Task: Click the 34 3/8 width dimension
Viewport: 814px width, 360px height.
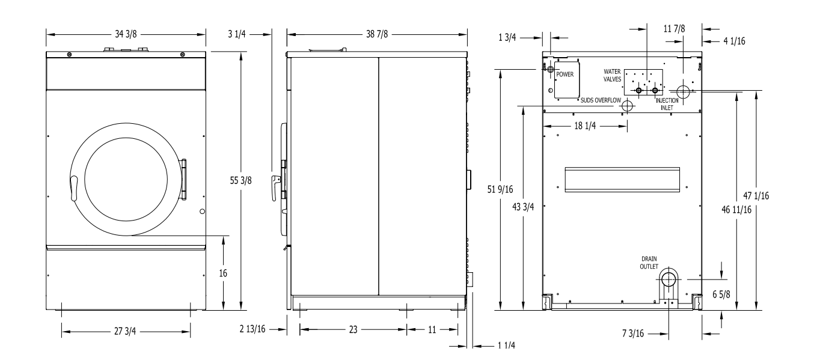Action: [126, 34]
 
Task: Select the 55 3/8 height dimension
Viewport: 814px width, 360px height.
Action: [240, 180]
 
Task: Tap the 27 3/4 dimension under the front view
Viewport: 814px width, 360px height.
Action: [125, 331]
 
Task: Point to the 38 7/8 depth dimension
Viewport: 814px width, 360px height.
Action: [377, 34]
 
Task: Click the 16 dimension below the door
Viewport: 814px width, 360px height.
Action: [223, 273]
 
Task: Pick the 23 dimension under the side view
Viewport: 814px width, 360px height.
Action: [353, 329]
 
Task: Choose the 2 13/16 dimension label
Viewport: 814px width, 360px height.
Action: [252, 329]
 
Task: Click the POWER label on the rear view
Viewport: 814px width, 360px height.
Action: [565, 75]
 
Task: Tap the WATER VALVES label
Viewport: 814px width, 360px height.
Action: [613, 76]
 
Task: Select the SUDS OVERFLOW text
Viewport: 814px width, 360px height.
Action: [601, 100]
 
